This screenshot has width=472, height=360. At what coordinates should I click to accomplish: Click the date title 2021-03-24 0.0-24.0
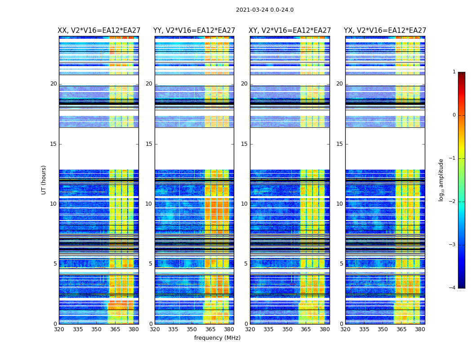click(265, 10)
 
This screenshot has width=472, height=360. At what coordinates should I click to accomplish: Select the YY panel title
click(194, 31)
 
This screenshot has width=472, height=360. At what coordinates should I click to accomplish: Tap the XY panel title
click(290, 31)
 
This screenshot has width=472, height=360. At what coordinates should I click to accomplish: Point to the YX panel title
click(385, 31)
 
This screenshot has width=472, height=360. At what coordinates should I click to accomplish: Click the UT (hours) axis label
click(44, 180)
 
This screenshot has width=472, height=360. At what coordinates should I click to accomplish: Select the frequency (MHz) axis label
click(217, 338)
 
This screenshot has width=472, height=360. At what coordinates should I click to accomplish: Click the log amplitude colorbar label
click(441, 180)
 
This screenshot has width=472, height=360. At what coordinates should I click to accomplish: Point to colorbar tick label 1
click(454, 72)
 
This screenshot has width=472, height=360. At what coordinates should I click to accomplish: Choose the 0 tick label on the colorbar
click(454, 115)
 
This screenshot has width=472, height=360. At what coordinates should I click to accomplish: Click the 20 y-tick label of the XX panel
click(53, 84)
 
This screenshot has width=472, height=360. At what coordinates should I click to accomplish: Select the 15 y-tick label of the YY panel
click(149, 144)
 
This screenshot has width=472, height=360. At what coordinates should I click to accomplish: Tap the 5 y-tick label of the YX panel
click(341, 264)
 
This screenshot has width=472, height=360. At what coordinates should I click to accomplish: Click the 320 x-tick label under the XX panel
click(59, 329)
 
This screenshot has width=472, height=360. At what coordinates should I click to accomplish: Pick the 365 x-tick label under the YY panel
click(210, 329)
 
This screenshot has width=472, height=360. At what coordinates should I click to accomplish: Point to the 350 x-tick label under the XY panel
click(287, 329)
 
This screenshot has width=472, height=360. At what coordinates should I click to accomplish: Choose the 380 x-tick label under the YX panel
click(420, 329)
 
